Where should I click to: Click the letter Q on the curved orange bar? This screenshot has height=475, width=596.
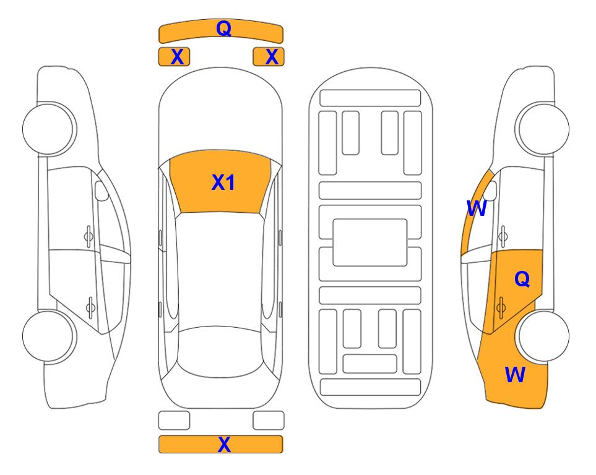224,28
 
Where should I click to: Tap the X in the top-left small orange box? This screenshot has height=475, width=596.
178,57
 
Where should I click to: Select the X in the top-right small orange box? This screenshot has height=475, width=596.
272,57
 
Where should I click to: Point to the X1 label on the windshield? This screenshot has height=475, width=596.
223,182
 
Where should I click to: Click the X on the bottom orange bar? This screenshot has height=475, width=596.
224,444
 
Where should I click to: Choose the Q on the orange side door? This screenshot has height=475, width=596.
522,279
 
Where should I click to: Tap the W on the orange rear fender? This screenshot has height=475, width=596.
515,375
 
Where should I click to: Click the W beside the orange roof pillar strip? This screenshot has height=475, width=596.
477,208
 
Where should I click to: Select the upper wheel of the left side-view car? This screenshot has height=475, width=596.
49,129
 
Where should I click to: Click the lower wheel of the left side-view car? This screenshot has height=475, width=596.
49,336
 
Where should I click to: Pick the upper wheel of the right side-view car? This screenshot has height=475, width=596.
542,129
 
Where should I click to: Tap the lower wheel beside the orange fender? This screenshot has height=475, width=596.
543,336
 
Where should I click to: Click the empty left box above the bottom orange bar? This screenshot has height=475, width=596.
174,421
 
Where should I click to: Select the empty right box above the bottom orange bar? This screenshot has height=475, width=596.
269,421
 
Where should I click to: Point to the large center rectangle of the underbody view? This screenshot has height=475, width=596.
370,242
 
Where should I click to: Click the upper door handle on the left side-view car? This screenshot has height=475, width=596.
89,237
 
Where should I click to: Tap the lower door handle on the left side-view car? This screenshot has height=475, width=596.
90,306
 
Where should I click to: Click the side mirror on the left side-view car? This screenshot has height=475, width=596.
101,190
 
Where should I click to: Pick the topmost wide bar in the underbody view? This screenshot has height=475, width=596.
370,98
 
